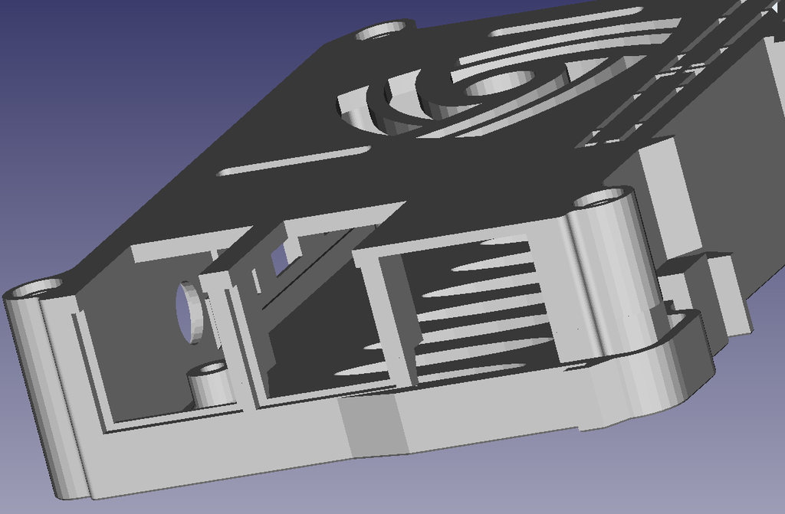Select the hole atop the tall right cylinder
(603, 200)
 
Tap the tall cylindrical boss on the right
(613, 276)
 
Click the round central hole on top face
(498, 80)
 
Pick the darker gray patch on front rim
(370, 429)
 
